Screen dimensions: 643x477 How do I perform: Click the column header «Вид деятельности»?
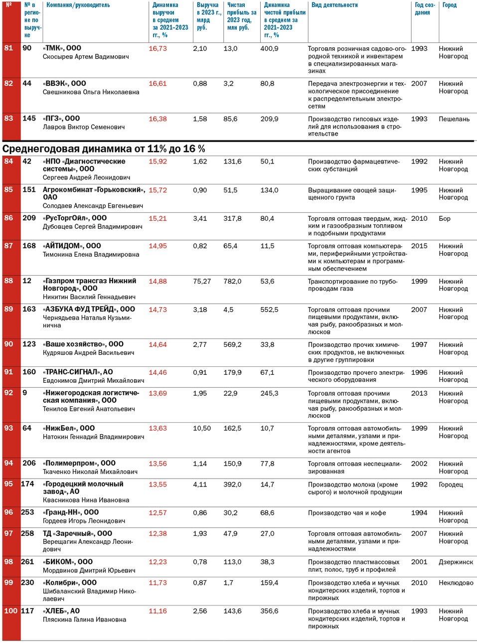coord(334,5)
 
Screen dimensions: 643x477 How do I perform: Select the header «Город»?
coord(449,5)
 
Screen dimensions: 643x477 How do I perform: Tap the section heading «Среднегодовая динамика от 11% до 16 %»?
coord(104,149)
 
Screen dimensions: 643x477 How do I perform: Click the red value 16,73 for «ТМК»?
coord(158,48)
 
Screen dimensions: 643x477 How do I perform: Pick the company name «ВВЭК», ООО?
coord(64,83)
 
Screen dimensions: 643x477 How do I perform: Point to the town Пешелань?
coord(454,119)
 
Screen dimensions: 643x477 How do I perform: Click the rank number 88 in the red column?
coord(8,281)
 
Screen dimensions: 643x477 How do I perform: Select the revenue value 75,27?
coord(202,281)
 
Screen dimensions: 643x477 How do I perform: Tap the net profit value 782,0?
coord(232,281)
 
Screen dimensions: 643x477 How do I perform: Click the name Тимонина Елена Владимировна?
coord(91,254)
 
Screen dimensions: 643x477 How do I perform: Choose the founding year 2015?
coord(419,246)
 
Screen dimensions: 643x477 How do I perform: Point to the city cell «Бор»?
coord(445,218)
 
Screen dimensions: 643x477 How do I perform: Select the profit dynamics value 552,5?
coord(269,310)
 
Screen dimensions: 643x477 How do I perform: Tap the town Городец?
coord(451,484)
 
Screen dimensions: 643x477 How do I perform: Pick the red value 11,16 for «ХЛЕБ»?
coord(158,611)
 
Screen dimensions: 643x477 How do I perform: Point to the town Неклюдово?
coord(456,583)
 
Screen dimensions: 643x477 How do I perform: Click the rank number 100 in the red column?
coord(10,611)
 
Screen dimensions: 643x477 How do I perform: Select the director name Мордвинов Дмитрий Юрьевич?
coord(89,570)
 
